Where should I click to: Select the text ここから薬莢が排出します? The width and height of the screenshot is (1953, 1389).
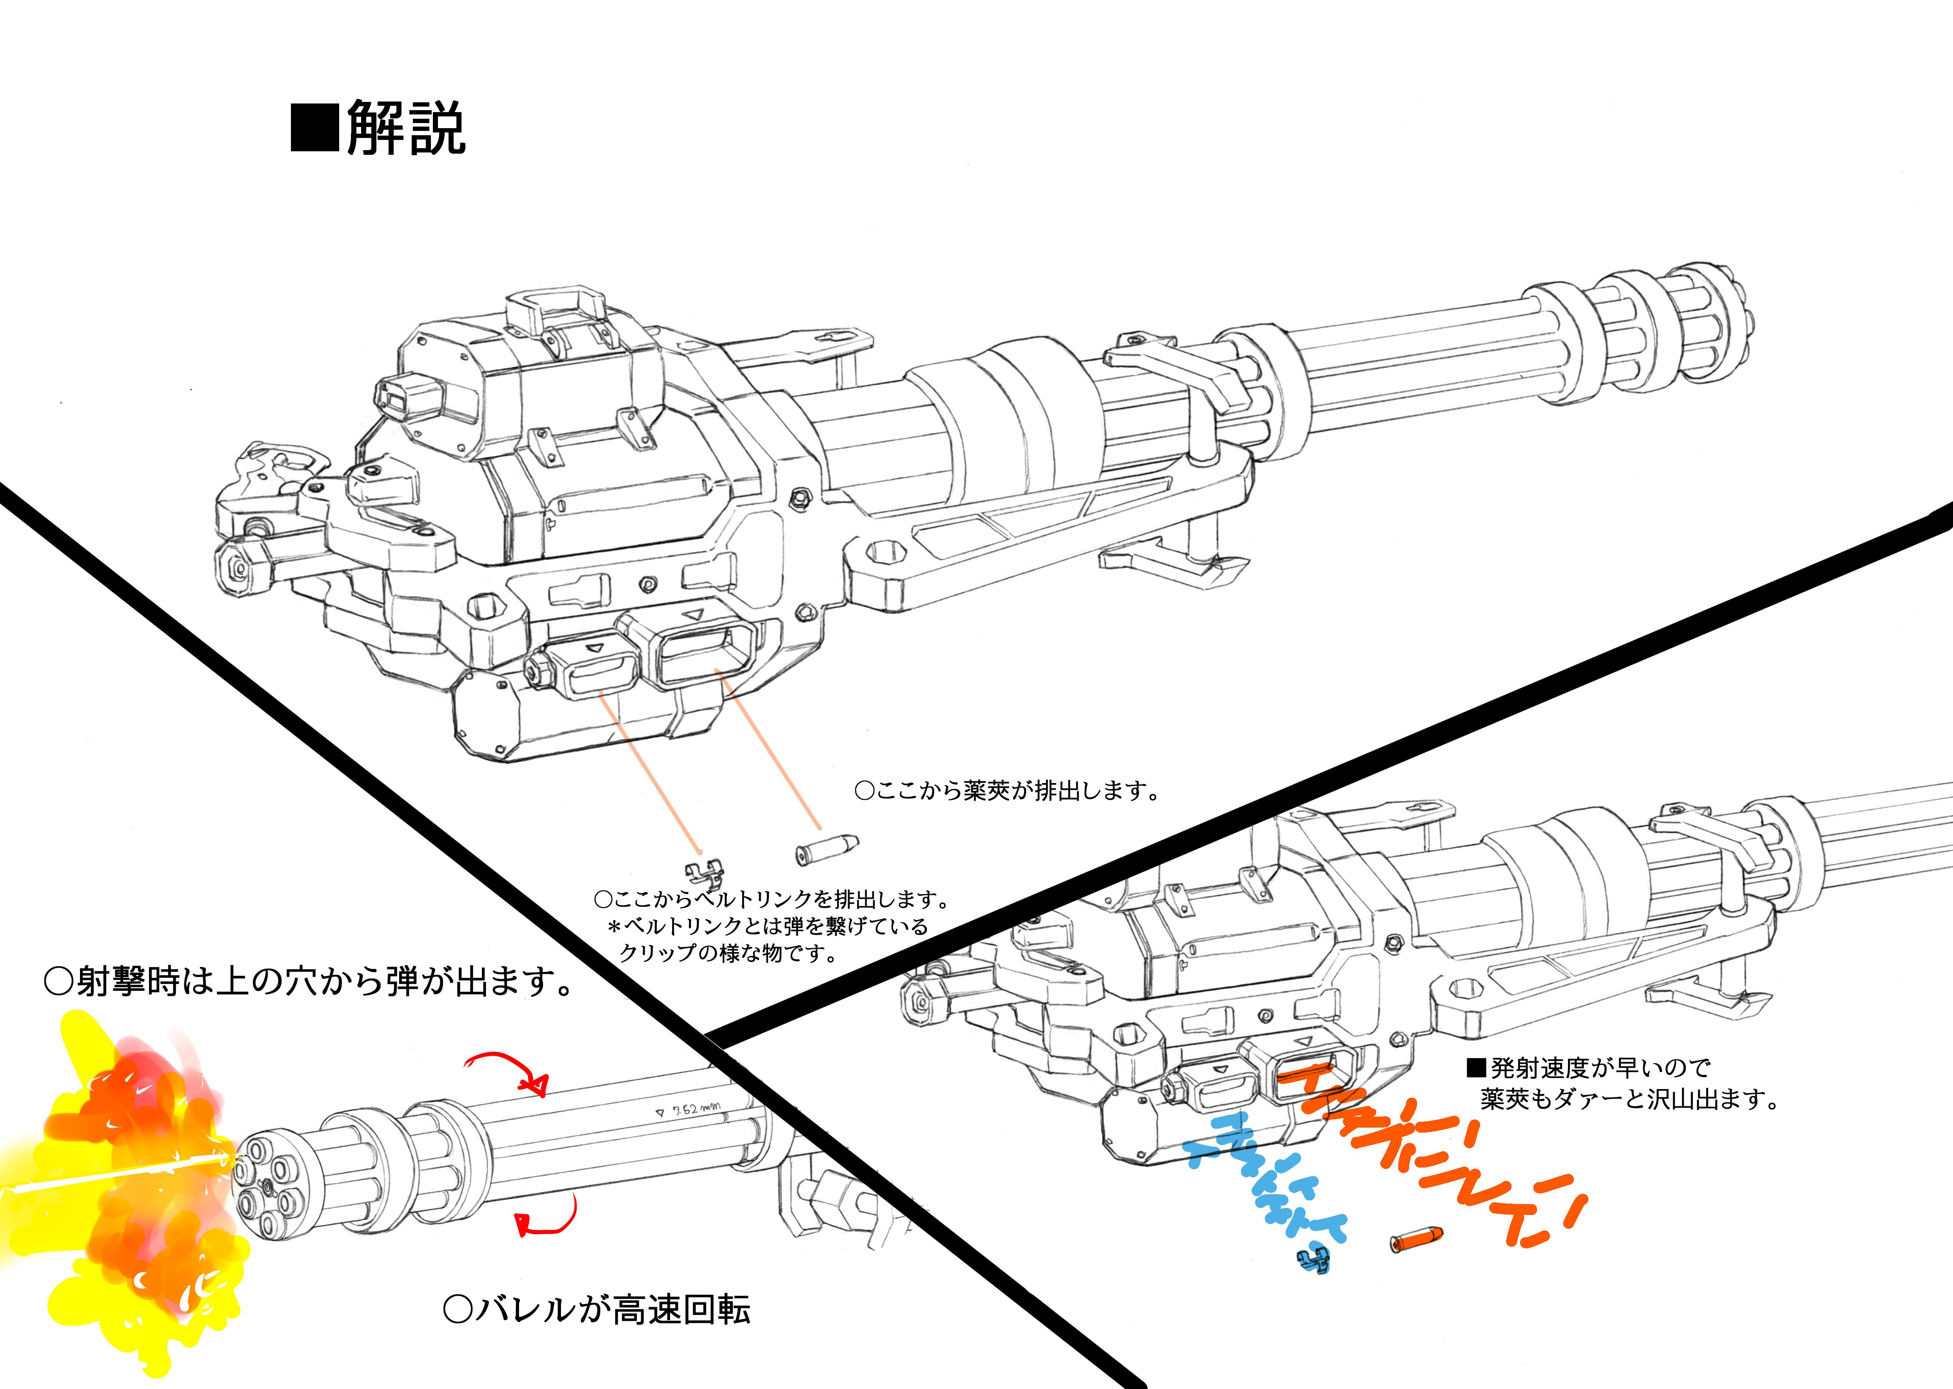[1008, 790]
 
